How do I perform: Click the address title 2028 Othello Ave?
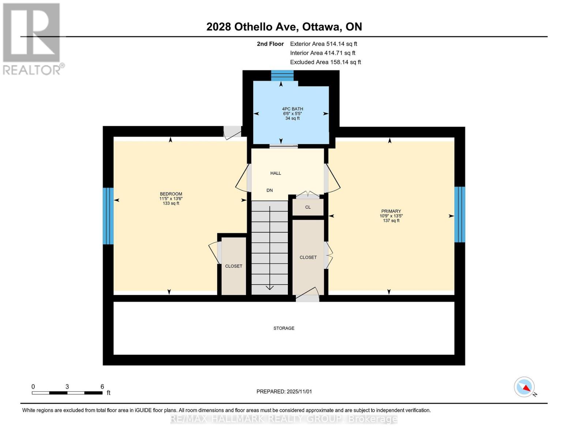(x=284, y=27)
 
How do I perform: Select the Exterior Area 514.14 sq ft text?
(x=323, y=44)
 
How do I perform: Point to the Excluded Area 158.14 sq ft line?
(x=325, y=62)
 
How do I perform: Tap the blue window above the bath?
(x=282, y=75)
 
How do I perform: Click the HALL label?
(x=275, y=173)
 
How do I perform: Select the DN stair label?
(x=270, y=190)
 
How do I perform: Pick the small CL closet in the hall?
(x=308, y=207)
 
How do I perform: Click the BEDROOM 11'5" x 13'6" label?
(x=171, y=198)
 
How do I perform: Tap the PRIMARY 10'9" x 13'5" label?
(x=391, y=216)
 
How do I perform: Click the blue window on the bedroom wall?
(x=108, y=216)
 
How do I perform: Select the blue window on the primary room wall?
(x=460, y=214)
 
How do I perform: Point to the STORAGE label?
(x=284, y=328)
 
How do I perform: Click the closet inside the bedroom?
(x=234, y=266)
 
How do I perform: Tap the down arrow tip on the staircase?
(x=270, y=288)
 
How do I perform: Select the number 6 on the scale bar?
(x=102, y=386)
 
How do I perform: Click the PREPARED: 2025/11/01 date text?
(x=284, y=391)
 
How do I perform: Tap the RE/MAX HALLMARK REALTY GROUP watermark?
(x=284, y=419)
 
